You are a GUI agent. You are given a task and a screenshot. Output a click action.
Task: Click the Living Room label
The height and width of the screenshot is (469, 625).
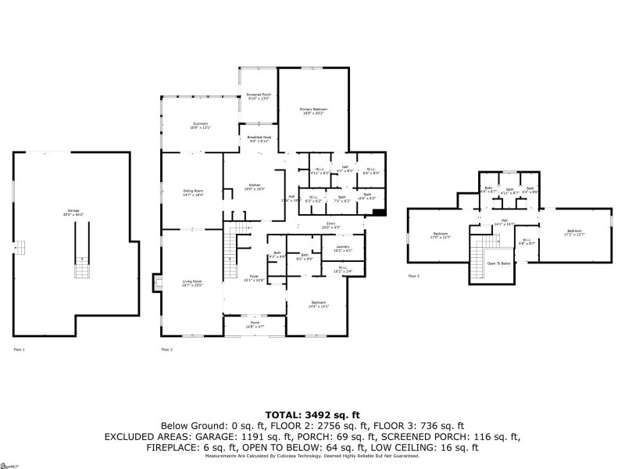[192, 283]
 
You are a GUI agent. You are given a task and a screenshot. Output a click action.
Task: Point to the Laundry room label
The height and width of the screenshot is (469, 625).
[342, 249]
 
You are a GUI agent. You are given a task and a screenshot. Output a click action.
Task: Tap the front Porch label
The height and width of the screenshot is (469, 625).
[255, 324]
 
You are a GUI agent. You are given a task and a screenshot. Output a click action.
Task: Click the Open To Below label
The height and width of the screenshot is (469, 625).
[498, 263]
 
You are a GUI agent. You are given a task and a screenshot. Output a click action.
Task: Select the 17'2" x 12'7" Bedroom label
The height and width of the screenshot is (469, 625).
[574, 232]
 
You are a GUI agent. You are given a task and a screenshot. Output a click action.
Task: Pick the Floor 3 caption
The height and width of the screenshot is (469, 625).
[413, 276]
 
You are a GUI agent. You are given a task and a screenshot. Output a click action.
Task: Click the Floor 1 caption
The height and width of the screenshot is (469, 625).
[18, 349]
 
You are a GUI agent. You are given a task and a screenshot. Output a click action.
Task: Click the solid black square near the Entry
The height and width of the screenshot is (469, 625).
[379, 211]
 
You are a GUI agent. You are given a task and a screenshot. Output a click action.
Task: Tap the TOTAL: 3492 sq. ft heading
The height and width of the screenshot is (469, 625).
[312, 414]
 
